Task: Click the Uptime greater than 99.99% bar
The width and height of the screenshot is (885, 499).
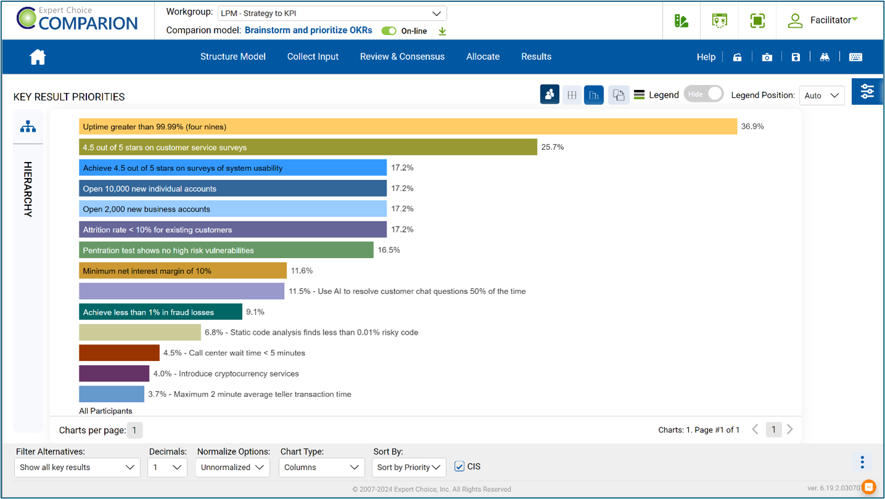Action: pyautogui.click(x=407, y=126)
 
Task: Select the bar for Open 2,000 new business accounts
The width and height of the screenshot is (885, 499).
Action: pyautogui.click(x=232, y=209)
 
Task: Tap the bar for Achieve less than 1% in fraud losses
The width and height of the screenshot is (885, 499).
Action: pyautogui.click(x=160, y=312)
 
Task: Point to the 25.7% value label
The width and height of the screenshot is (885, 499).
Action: pyautogui.click(x=552, y=147)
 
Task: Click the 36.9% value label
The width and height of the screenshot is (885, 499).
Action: pyautogui.click(x=752, y=126)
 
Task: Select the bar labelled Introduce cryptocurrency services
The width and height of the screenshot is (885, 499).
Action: pyautogui.click(x=114, y=373)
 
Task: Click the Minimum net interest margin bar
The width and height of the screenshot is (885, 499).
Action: pyautogui.click(x=182, y=270)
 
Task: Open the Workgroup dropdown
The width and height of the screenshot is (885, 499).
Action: pyautogui.click(x=332, y=13)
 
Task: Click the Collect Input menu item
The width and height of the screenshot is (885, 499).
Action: pyautogui.click(x=312, y=57)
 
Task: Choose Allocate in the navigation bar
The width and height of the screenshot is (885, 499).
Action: pyautogui.click(x=483, y=57)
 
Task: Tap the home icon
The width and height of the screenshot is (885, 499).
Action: pyautogui.click(x=38, y=57)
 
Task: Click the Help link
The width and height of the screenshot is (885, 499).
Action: pyautogui.click(x=706, y=57)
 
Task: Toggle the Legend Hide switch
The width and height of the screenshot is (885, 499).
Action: pyautogui.click(x=704, y=94)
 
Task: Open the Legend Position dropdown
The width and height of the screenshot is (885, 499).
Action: pyautogui.click(x=822, y=95)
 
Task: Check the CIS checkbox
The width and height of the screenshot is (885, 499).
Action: pyautogui.click(x=459, y=466)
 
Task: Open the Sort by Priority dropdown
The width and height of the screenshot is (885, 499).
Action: pyautogui.click(x=409, y=467)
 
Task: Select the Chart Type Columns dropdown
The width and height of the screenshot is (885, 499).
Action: pyautogui.click(x=321, y=467)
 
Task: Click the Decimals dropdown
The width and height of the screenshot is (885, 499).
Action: pyautogui.click(x=167, y=467)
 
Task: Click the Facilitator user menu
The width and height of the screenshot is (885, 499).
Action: pyautogui.click(x=823, y=20)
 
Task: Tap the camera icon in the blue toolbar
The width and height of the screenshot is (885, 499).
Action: pyautogui.click(x=767, y=57)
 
